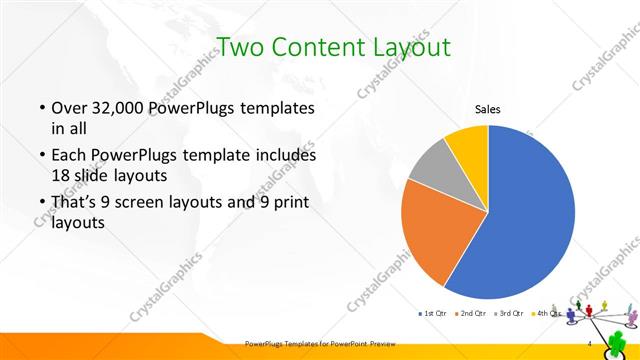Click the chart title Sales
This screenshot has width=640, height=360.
pos(487,109)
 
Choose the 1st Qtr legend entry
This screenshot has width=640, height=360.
pos(433,314)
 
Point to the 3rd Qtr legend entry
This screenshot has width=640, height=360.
pos(511,314)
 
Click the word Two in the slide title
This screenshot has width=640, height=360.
pos(242,46)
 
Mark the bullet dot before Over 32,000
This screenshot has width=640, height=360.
pos(42,108)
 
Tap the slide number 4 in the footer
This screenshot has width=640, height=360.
pos(590,344)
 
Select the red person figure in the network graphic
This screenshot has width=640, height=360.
pos(598,300)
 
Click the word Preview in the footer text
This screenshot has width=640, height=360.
pos(371,344)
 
